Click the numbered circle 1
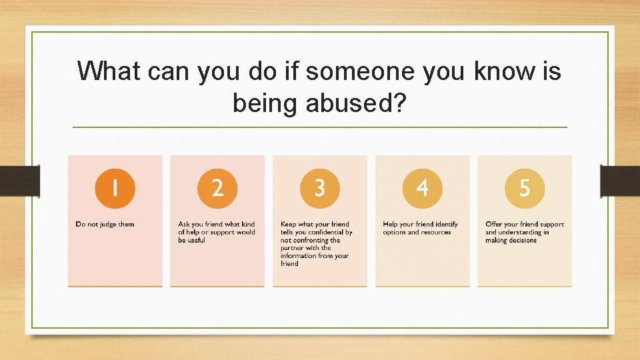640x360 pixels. coord(115,188)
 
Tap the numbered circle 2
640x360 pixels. coord(217,188)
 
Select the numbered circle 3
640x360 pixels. coord(320,188)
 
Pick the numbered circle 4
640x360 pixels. coord(422,188)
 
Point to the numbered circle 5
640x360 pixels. coord(525,188)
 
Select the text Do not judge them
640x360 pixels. coord(105,225)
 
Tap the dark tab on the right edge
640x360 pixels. coord(620,181)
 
